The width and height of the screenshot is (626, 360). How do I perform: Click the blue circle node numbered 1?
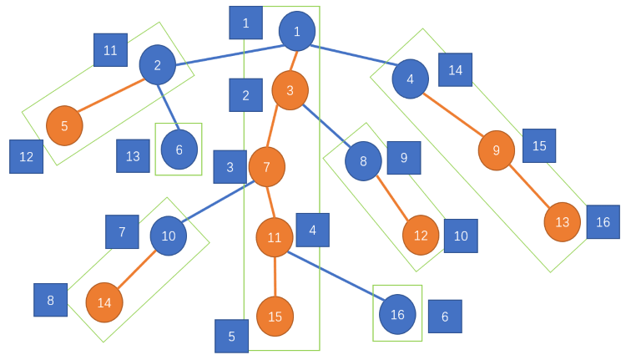point(297,32)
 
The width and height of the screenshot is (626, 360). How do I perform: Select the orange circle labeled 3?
point(290,90)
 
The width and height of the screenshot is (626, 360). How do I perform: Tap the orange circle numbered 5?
point(64,126)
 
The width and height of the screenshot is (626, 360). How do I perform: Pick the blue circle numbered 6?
point(179,150)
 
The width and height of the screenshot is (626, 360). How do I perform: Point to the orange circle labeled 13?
point(562,222)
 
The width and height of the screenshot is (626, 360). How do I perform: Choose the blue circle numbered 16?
point(397,314)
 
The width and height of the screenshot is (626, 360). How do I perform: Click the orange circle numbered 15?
point(275,317)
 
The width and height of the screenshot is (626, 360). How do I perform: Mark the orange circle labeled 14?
point(104,302)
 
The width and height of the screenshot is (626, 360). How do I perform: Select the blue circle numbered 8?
point(363,161)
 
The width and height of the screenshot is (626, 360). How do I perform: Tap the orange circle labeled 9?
point(496,150)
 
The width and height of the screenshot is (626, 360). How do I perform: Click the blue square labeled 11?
point(110,50)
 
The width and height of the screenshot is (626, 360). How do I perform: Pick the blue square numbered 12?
point(26,156)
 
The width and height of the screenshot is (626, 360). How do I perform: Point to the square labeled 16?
point(603,222)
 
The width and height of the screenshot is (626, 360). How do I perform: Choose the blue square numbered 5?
point(231,337)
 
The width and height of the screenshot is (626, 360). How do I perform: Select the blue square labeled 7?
point(122,231)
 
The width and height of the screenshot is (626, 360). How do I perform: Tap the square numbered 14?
point(455,70)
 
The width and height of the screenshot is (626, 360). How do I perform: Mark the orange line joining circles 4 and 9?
point(453,114)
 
